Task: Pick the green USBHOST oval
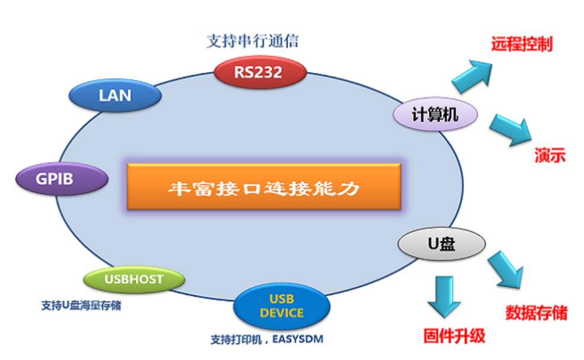pos(134,279)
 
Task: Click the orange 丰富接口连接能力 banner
pos(264,187)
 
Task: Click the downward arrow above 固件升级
pos(444,296)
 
